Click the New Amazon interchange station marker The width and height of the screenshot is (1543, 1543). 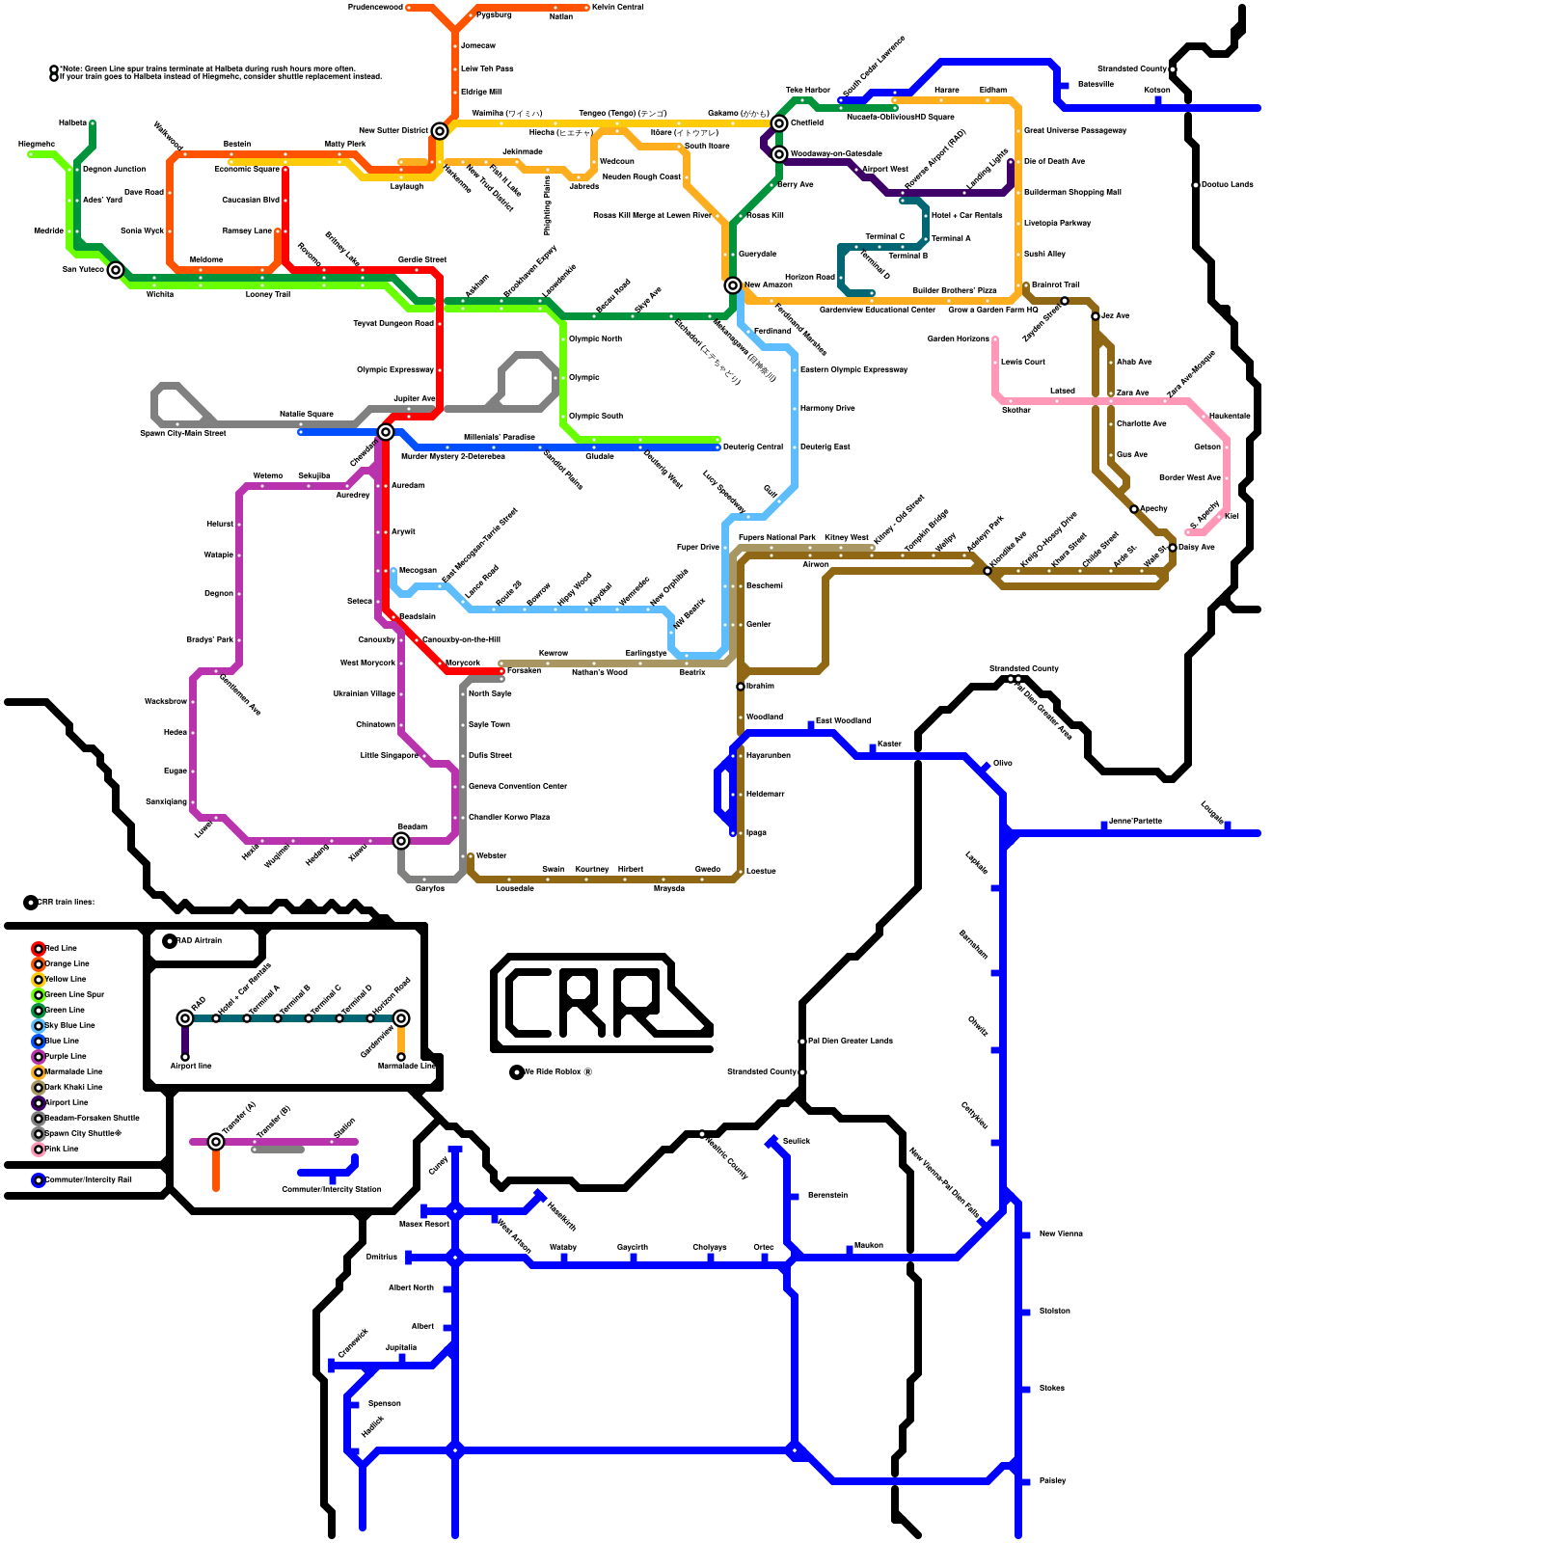pos(733,285)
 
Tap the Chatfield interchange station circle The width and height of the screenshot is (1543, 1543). pos(779,123)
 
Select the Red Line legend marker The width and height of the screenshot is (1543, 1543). pos(39,949)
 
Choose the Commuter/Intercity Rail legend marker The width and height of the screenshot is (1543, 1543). pos(39,1180)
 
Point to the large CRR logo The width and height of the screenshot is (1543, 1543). pos(603,1003)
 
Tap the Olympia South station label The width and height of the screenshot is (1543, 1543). pos(596,417)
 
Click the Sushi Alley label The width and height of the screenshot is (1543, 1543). pos(1044,255)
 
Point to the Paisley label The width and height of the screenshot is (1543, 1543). pos(1052,1481)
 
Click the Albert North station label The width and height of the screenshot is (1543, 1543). pos(411,1288)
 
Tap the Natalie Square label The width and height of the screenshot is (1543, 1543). pos(306,415)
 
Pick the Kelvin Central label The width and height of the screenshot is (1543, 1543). pos(618,8)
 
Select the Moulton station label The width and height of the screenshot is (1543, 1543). pos(868,1246)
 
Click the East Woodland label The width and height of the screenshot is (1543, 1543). pos(843,721)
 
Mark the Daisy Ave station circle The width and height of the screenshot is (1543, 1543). pos(1173,548)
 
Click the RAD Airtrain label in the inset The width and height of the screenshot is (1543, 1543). pos(199,941)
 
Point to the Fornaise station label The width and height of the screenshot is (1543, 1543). pos(524,671)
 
